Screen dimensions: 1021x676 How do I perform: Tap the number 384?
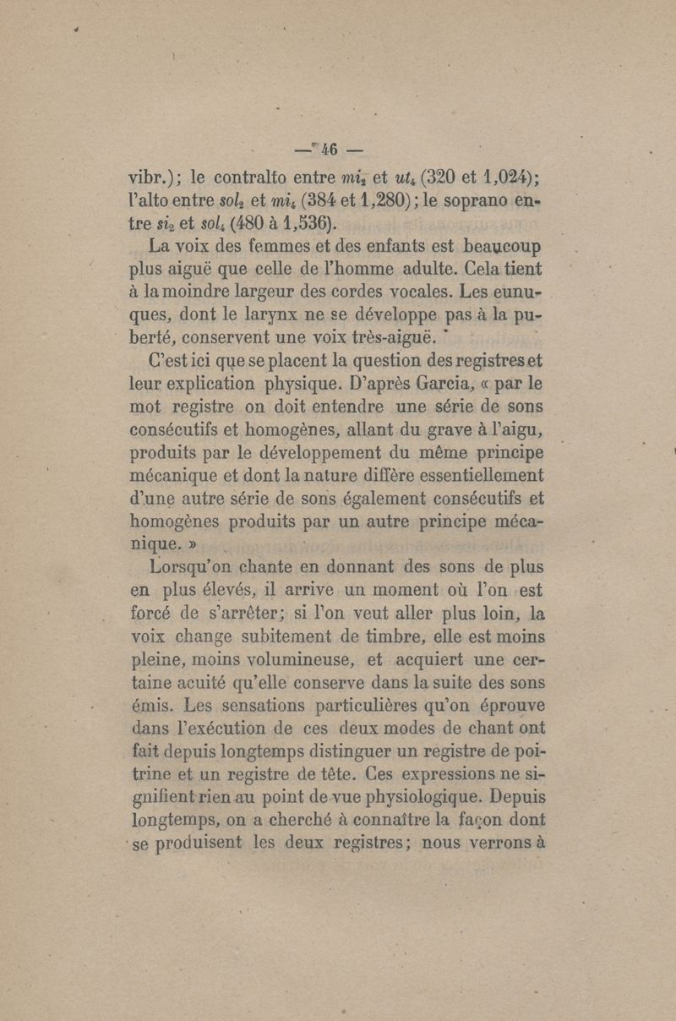(x=342, y=201)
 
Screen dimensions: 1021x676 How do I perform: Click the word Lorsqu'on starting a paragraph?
(x=187, y=565)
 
